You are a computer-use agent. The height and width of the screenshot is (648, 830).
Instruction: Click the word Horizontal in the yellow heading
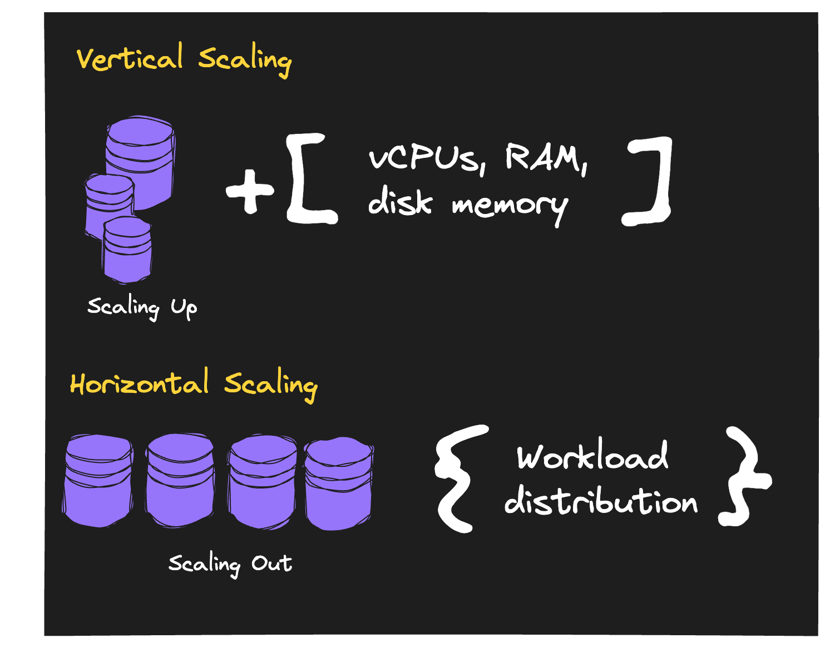(139, 383)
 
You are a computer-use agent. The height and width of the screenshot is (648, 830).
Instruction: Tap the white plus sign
(250, 191)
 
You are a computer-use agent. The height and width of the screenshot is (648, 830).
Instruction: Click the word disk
(399, 201)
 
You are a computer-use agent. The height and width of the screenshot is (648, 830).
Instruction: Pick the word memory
(509, 206)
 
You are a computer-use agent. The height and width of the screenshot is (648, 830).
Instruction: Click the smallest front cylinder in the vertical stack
(127, 250)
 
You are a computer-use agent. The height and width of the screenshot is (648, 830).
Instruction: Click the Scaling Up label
(142, 307)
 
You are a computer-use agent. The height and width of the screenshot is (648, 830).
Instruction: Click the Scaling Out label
(230, 564)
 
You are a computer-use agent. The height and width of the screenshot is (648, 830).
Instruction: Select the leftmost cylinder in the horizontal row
(98, 481)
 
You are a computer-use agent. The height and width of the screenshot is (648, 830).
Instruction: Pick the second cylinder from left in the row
(180, 481)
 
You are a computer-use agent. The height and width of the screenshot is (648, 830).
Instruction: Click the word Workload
(592, 456)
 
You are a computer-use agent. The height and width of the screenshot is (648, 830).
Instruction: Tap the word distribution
(600, 501)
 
